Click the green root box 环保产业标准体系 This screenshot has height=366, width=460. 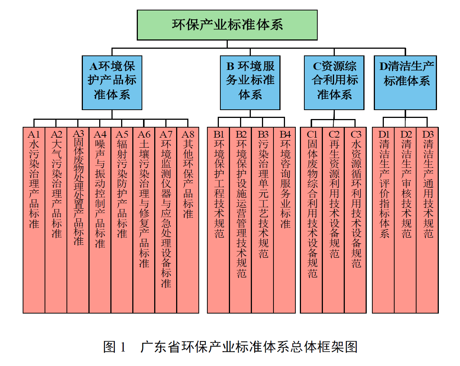pos(227,25)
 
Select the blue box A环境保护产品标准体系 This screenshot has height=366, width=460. pos(112,83)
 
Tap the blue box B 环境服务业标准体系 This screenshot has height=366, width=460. pos(250,83)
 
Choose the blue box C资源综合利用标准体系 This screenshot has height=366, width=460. pos(334,83)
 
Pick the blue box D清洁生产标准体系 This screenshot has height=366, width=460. pos(405,83)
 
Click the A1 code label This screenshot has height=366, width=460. pos(34,134)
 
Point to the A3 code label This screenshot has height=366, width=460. pos(78,134)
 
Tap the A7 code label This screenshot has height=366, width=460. pos(166,134)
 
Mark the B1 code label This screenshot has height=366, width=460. pos(219,134)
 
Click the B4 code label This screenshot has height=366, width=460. pos(285,134)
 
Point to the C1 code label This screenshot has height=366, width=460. pos(312,134)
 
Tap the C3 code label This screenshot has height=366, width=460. pos(356,134)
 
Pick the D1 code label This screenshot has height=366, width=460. pos(384,134)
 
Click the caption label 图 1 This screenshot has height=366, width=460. pos(115,347)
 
